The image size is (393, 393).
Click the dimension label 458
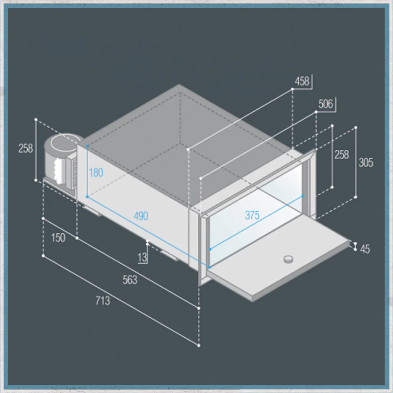tap(302, 81)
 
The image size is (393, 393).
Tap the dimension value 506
tap(325, 104)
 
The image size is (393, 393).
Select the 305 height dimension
tap(366, 163)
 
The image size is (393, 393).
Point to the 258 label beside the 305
tap(342, 155)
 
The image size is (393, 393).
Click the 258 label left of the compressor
tap(26, 149)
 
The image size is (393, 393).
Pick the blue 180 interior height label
tap(96, 173)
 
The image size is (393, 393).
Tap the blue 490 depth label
tap(141, 216)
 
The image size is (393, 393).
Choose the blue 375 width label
tap(252, 215)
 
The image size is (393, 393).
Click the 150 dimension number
tap(58, 238)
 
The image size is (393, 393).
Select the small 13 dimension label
tap(142, 258)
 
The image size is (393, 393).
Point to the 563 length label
tap(130, 280)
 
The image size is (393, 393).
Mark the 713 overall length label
tap(103, 301)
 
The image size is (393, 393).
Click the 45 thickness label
tap(365, 249)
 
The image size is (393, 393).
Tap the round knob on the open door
tap(288, 259)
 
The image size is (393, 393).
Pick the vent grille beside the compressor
tap(74, 173)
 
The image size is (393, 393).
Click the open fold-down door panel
tap(278, 263)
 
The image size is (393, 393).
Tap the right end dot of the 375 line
tap(303, 196)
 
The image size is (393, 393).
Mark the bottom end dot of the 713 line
tap(199, 346)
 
